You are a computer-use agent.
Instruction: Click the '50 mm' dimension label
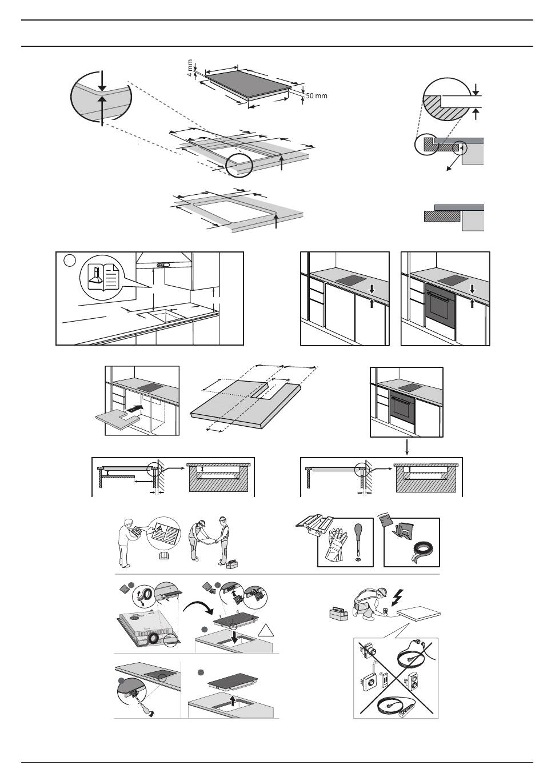[x=316, y=96]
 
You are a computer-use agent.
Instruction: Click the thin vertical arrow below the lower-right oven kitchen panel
[x=406, y=447]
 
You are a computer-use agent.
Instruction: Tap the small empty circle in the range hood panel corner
[x=69, y=261]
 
